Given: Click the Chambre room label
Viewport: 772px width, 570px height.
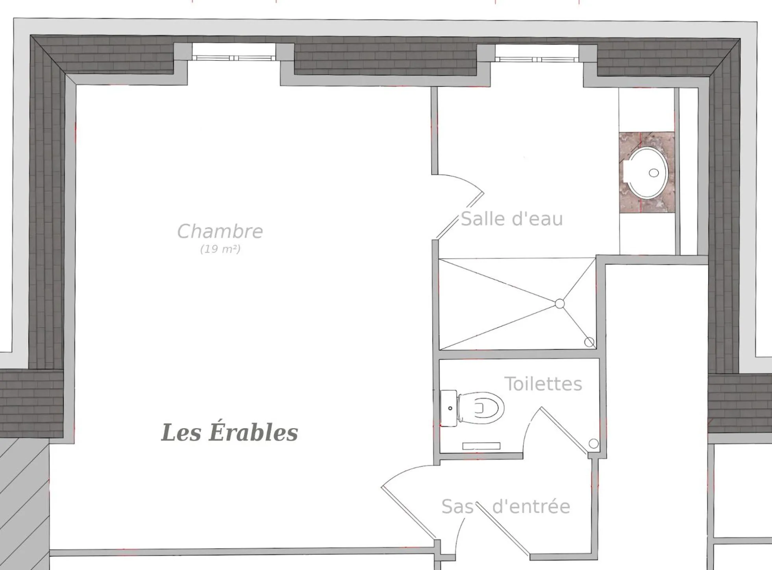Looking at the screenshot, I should point(220,231).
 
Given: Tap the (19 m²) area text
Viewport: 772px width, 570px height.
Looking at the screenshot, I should point(220,249).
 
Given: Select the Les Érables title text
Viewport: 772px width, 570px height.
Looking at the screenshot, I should point(230,432).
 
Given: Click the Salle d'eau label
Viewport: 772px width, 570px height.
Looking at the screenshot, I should point(512,219).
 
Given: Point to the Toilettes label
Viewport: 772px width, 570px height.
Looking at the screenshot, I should point(543,384).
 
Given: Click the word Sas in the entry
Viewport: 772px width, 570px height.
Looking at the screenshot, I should point(457,507).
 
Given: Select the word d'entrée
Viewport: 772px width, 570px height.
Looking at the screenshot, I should point(531,507).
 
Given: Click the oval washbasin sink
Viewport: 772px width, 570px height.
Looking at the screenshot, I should point(646,173).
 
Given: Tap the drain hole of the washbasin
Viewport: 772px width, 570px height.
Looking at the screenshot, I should point(654,173).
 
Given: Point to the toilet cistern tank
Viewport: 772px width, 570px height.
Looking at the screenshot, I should point(448,408).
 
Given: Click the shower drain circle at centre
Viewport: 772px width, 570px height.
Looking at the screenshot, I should point(559,303).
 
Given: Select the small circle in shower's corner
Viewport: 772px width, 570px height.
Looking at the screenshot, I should point(589,342).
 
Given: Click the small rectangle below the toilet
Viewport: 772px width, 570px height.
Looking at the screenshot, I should point(481,446).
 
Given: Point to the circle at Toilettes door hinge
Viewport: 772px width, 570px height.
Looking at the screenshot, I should point(593,444).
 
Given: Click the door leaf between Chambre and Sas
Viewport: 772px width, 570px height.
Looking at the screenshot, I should point(408,513).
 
